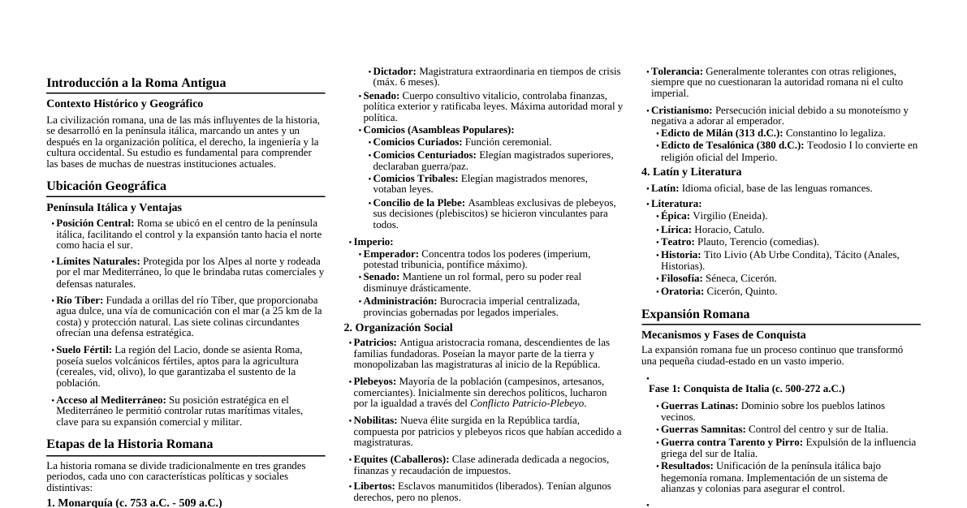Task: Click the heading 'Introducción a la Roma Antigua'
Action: click(x=136, y=83)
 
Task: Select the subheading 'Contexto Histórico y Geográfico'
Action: click(x=124, y=104)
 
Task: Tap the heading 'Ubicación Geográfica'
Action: click(x=106, y=186)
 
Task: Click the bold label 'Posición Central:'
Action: click(x=95, y=223)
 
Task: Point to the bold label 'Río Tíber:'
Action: click(x=80, y=300)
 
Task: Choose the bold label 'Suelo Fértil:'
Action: click(x=84, y=350)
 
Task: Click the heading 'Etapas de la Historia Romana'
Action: click(x=129, y=444)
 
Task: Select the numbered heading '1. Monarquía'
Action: click(x=134, y=503)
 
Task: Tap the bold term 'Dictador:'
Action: click(x=394, y=71)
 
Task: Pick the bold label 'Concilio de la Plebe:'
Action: click(x=418, y=203)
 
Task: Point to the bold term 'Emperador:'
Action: click(x=391, y=254)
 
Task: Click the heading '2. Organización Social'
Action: click(x=398, y=328)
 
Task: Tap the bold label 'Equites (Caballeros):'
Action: click(x=401, y=459)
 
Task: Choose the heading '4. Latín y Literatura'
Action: click(x=691, y=172)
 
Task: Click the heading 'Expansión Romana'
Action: click(x=695, y=314)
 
